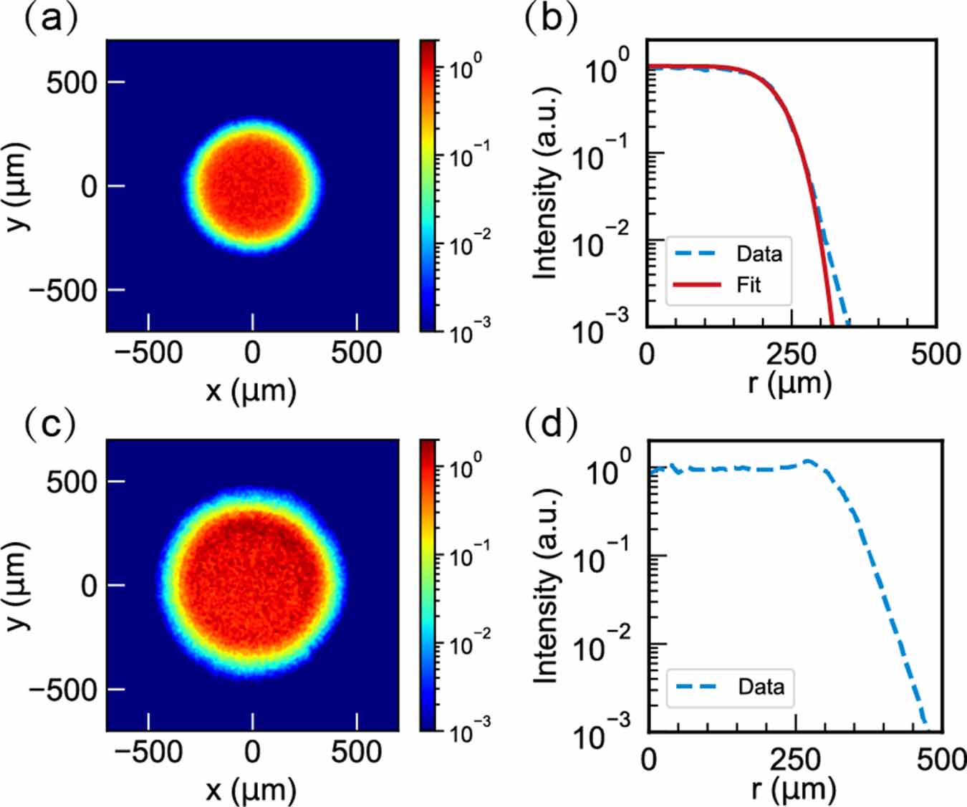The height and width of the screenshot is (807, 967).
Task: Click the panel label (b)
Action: pyautogui.click(x=551, y=18)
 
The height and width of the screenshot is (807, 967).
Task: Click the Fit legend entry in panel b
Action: pyautogui.click(x=749, y=285)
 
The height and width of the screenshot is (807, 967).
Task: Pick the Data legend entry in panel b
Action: pyautogui.click(x=759, y=253)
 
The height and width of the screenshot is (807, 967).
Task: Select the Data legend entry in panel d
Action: pyautogui.click(x=761, y=687)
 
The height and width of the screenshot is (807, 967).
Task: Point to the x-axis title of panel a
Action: pyautogui.click(x=251, y=391)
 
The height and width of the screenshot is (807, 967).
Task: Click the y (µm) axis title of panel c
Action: pyautogui.click(x=17, y=586)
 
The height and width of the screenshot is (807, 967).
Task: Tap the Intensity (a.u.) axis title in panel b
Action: pyautogui.click(x=546, y=183)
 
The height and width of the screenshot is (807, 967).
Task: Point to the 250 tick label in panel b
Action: pyautogui.click(x=791, y=354)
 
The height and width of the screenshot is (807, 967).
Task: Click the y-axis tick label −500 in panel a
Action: pyautogui.click(x=62, y=291)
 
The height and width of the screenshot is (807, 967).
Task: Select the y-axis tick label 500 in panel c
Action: pyautogui.click(x=71, y=482)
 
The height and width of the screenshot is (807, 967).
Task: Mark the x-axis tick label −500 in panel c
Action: pyautogui.click(x=148, y=752)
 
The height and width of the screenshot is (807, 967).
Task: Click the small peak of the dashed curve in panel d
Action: pyautogui.click(x=809, y=462)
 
